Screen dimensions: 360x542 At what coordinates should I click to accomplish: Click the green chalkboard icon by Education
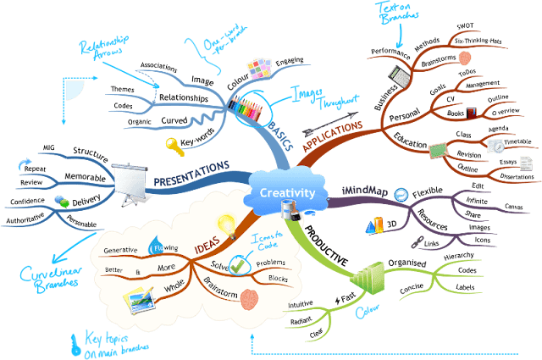tap(435, 150)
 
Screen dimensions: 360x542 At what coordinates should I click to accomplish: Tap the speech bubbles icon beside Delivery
tap(63, 201)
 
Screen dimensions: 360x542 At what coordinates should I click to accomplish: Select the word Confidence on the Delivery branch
tap(27, 201)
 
